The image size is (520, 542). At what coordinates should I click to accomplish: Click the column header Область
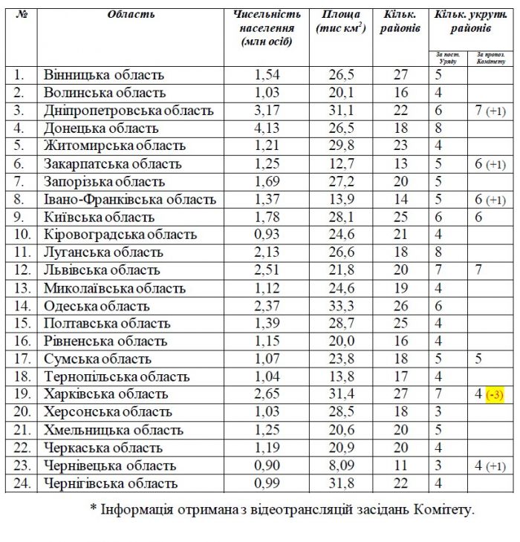point(131,14)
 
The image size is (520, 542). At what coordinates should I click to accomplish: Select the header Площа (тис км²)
point(341,22)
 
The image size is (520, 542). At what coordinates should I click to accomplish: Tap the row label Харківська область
point(105,394)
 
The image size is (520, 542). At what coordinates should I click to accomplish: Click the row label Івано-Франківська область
point(130,200)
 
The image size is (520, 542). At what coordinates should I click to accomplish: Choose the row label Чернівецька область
point(110,466)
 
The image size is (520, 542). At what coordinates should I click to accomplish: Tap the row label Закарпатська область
point(112,164)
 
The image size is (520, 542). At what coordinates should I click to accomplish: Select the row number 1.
point(19,75)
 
